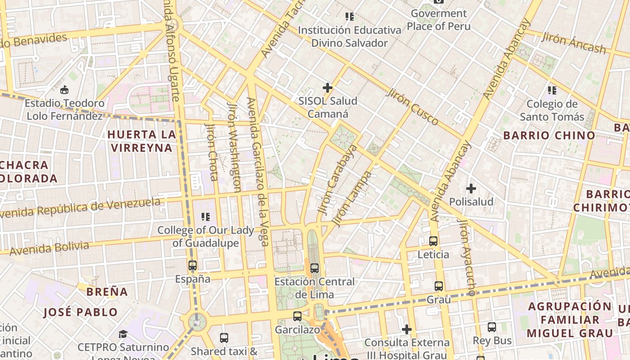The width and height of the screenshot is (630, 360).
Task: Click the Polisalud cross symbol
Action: click(x=471, y=188)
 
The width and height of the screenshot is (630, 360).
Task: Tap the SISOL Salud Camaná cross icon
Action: click(x=328, y=88)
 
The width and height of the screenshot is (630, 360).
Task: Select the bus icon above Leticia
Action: click(x=433, y=241)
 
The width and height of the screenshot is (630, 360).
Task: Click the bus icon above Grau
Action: click(x=439, y=286)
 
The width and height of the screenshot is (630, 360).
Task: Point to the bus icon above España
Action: click(x=193, y=265)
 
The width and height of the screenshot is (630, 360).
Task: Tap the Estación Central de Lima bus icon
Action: click(x=315, y=268)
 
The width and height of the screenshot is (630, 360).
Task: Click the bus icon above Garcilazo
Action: click(x=297, y=316)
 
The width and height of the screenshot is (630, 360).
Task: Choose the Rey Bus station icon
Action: click(x=492, y=327)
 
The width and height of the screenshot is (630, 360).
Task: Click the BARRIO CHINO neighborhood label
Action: click(x=549, y=135)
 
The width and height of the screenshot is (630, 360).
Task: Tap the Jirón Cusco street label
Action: click(x=412, y=107)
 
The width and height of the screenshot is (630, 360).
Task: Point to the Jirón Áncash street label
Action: click(x=574, y=43)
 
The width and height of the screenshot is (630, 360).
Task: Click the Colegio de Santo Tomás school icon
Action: click(x=552, y=90)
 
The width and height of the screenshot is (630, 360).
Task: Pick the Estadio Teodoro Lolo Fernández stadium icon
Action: click(x=64, y=90)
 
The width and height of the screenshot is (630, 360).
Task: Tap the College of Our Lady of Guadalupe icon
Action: click(x=206, y=217)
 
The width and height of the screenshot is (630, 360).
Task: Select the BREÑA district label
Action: click(x=107, y=292)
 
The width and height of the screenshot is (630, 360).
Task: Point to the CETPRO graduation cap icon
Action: click(x=123, y=334)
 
